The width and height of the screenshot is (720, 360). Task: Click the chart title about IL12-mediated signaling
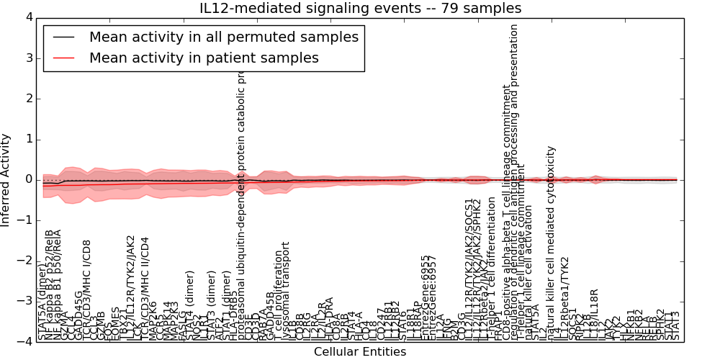point(360,8)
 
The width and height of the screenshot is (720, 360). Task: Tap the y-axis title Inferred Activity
point(6,180)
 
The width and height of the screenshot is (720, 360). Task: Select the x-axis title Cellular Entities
point(360,352)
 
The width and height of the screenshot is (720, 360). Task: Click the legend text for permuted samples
point(223,37)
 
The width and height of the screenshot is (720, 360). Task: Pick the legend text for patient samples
point(204,58)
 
